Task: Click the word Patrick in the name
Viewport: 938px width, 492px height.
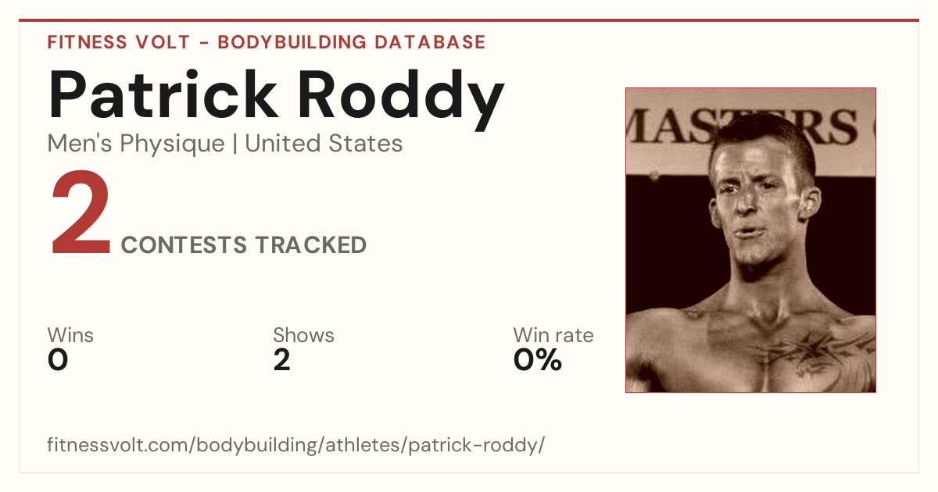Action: [163, 94]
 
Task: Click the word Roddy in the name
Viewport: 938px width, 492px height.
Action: [401, 99]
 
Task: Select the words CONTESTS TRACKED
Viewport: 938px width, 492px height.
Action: [244, 245]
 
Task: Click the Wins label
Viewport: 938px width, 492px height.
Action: [70, 335]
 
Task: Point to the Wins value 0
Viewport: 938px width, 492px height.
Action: [58, 360]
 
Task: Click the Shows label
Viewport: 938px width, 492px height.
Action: [303, 335]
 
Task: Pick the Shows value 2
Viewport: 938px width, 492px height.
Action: [282, 360]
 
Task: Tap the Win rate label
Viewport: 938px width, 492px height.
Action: [553, 335]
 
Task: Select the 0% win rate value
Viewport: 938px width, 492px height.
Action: [538, 360]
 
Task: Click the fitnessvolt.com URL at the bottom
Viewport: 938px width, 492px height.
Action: [296, 445]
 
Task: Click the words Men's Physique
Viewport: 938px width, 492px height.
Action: [136, 144]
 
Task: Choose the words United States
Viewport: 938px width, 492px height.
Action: [324, 144]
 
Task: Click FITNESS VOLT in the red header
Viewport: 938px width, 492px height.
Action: [119, 42]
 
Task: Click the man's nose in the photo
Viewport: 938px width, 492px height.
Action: [746, 201]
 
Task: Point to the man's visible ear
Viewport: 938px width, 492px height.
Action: [810, 203]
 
